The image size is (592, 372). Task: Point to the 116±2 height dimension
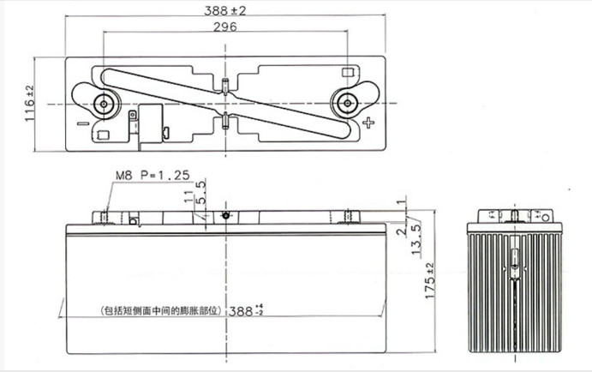click(28, 104)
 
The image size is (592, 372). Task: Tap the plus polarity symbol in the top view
click(369, 123)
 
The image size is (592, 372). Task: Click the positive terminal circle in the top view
click(347, 104)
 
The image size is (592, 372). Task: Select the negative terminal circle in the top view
click(106, 104)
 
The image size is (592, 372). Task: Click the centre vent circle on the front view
click(226, 215)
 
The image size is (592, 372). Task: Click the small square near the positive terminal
click(348, 73)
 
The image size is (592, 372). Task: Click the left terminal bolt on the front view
click(106, 215)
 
